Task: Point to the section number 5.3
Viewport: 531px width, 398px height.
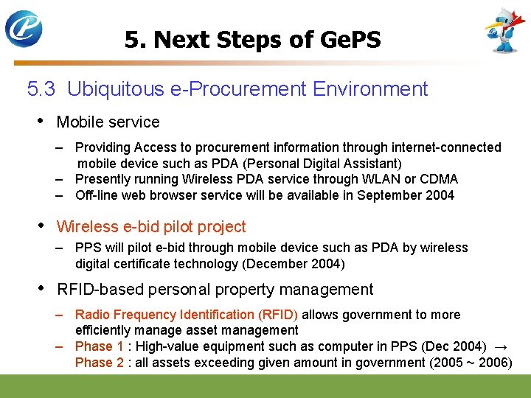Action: click(41, 89)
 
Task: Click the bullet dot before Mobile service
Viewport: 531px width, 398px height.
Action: click(39, 121)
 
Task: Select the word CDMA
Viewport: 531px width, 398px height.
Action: click(437, 179)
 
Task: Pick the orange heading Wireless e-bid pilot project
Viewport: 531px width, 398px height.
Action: click(151, 227)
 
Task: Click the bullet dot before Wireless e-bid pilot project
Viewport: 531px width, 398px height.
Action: click(39, 226)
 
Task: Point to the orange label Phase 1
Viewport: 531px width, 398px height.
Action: click(100, 346)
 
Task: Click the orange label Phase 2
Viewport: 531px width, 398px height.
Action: click(100, 363)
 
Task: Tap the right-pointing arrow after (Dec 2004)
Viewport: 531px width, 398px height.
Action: click(502, 346)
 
